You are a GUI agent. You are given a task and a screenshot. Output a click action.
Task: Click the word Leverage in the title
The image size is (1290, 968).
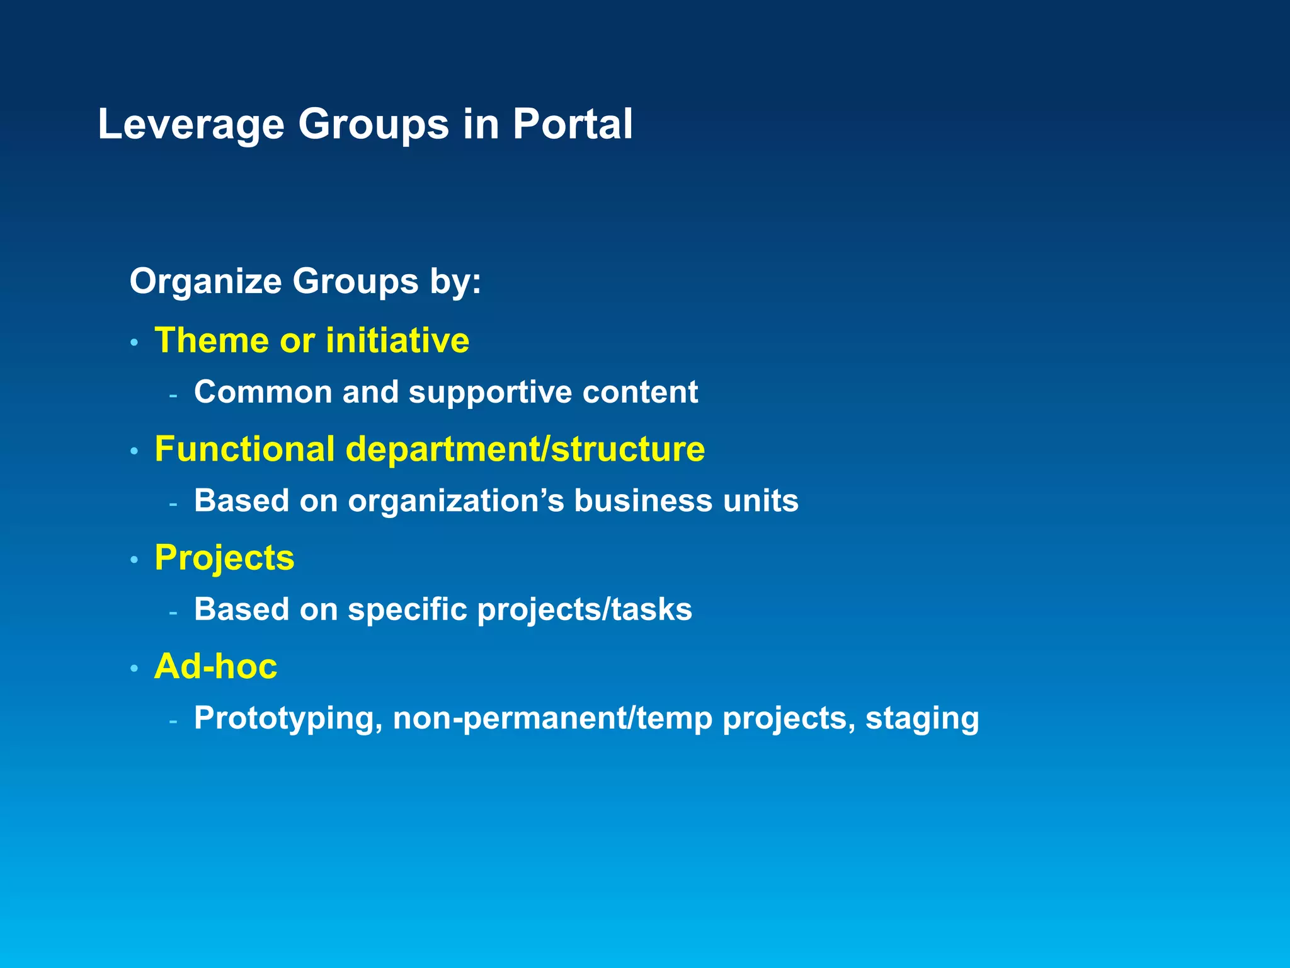pos(191,125)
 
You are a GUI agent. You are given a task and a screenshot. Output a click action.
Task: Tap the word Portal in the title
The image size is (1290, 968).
pos(572,124)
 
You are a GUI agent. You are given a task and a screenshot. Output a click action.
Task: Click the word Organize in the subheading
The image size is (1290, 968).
pos(205,281)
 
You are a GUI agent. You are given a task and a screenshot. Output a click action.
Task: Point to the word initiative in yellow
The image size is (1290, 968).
pos(397,340)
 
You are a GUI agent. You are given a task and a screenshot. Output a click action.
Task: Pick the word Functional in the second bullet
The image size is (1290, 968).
pos(244,449)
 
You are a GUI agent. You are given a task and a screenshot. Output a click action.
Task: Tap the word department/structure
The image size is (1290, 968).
pos(525,449)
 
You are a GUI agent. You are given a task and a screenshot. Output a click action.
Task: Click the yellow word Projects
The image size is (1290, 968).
pos(224,558)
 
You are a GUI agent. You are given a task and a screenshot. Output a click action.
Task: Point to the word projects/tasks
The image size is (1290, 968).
pos(585,610)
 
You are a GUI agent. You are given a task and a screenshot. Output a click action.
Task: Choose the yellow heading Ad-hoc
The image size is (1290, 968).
pos(215,667)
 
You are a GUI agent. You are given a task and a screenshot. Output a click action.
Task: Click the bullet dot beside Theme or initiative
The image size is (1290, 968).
pos(134,343)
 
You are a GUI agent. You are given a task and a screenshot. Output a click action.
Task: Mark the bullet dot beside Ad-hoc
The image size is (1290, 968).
pos(134,669)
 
